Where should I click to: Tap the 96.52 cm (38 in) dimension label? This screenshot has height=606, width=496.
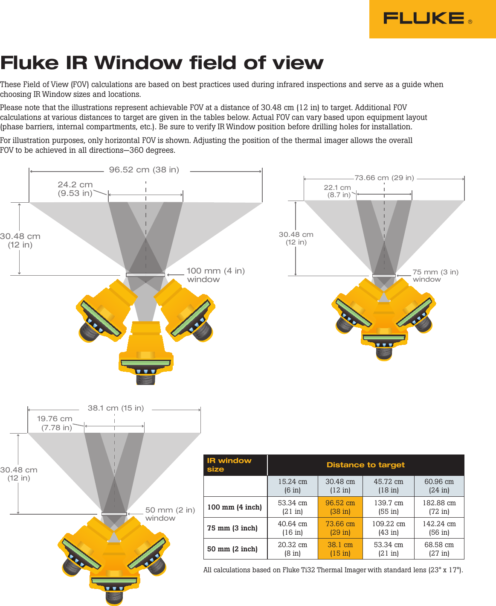[x=144, y=169]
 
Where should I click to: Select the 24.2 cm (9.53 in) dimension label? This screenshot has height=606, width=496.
[x=75, y=189]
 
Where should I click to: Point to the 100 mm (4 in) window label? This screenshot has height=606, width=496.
[x=215, y=275]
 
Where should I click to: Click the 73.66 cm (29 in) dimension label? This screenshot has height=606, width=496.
[x=384, y=178]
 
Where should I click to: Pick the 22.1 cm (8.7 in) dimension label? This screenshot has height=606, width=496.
[x=337, y=191]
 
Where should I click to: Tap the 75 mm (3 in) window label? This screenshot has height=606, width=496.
[x=435, y=275]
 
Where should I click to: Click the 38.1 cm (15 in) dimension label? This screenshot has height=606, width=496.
[x=116, y=408]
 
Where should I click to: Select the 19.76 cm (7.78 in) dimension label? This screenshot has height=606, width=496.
[x=55, y=423]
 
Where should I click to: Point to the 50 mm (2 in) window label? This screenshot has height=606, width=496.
[x=170, y=514]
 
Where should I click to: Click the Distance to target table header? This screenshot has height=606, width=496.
[x=365, y=465]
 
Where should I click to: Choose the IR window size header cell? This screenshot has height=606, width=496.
[x=229, y=465]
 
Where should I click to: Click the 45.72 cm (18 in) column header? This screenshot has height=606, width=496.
[x=388, y=486]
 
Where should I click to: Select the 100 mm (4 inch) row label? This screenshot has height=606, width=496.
[x=235, y=507]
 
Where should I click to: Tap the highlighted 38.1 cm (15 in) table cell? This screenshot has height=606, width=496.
[x=340, y=549]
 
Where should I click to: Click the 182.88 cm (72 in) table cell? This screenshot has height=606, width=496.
[x=439, y=507]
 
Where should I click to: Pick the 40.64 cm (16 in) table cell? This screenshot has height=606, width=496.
[x=292, y=528]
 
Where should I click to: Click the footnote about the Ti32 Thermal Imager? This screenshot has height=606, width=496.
[x=333, y=570]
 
